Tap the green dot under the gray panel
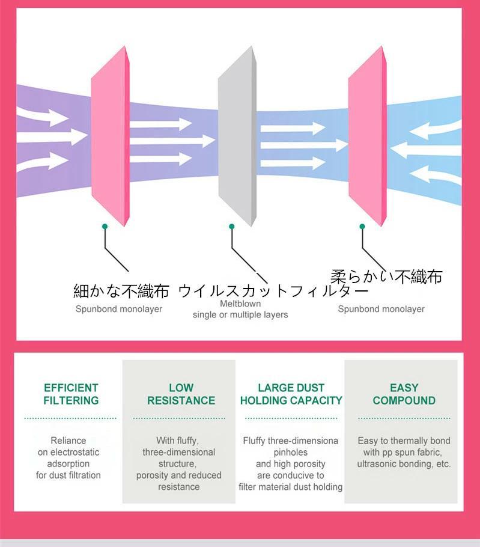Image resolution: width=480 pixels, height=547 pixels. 231,226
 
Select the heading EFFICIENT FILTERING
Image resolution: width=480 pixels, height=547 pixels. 71,394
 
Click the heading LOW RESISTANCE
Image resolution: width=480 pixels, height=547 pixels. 181,394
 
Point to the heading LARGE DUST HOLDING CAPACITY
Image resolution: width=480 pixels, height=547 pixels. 291,394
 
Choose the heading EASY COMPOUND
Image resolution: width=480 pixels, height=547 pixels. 404,394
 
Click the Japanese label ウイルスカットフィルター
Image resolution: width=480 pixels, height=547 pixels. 273,292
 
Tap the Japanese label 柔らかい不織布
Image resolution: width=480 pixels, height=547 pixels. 386,276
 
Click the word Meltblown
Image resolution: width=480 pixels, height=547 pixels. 240,304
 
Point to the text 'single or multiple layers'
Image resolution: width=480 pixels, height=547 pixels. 240,314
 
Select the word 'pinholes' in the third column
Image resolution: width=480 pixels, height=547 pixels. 291,452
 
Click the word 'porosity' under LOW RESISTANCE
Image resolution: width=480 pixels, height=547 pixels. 153,475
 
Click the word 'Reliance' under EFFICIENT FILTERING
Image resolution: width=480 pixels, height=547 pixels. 68,441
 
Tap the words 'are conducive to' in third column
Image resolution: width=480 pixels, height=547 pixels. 291,475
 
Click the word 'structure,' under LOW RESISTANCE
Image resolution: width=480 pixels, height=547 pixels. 178,463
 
